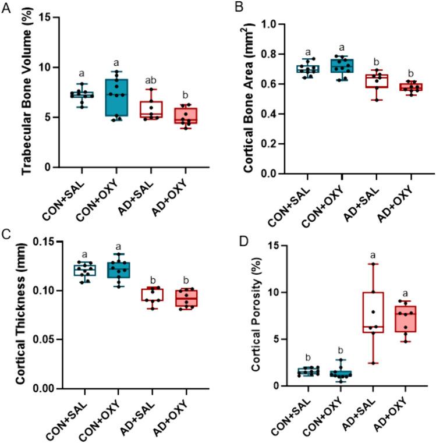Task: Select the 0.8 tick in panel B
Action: (264, 54)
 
